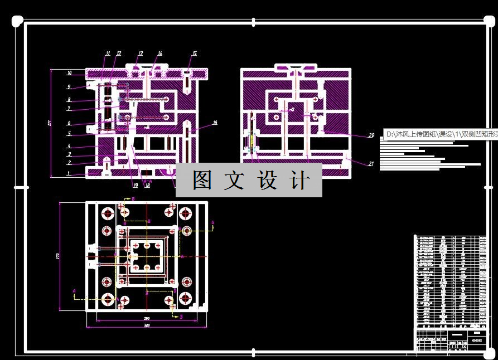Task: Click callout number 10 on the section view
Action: point(69,73)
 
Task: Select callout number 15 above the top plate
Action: point(195,53)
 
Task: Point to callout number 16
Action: point(215,123)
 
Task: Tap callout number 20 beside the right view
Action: point(371,135)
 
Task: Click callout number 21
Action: point(371,163)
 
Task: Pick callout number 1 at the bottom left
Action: point(69,173)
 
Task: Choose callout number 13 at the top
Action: point(141,53)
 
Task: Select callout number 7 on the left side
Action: point(69,109)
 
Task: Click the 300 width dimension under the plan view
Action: point(147,325)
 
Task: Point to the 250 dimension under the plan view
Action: point(146,318)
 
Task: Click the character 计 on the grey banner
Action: point(299,181)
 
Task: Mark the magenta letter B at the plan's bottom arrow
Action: point(181,316)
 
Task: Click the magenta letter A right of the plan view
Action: point(213,222)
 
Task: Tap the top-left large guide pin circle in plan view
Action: point(107,213)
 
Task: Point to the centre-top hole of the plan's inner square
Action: point(147,245)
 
